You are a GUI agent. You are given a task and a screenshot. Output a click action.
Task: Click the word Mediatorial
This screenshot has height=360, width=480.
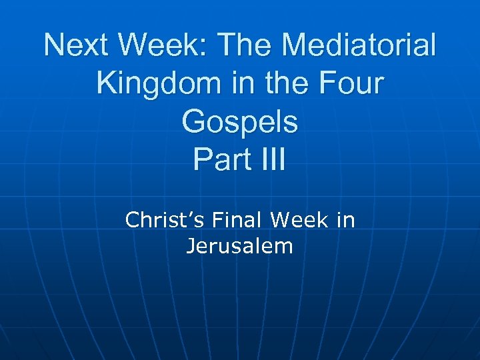pos(360,46)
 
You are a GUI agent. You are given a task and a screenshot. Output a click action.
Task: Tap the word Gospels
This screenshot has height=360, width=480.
pos(239,123)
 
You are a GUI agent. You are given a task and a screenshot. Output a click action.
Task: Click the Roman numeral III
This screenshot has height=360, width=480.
pos(271,161)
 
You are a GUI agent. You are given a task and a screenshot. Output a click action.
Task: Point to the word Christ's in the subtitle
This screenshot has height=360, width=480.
pos(163,220)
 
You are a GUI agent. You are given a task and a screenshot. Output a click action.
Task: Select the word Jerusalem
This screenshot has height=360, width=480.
pos(239,247)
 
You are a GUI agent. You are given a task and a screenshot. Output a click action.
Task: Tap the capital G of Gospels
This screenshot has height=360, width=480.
pos(194,122)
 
